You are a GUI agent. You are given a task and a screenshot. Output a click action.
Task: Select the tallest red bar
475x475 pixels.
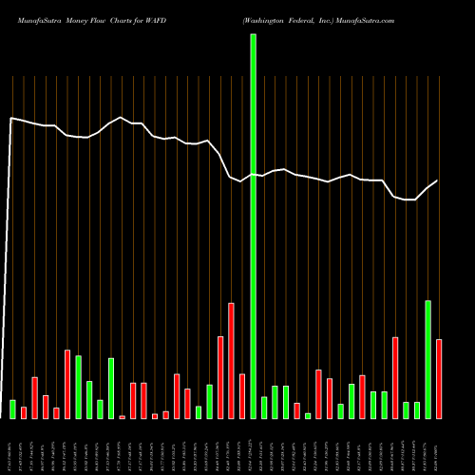pyautogui.click(x=231, y=361)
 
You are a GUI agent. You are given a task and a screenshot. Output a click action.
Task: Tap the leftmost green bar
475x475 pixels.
pyautogui.click(x=12, y=409)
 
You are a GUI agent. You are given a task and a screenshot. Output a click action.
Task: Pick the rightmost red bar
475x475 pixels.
pyautogui.click(x=439, y=379)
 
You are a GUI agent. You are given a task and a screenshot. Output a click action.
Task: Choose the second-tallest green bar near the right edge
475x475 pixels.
pyautogui.click(x=427, y=359)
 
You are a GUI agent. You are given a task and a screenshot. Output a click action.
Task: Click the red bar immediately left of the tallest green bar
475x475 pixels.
pyautogui.click(x=242, y=396)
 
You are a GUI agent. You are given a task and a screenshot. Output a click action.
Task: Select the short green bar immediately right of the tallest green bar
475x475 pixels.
pyautogui.click(x=264, y=408)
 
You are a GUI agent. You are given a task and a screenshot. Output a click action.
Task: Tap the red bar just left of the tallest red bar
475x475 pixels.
pyautogui.click(x=220, y=377)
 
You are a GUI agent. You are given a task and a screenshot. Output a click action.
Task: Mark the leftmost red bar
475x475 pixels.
pyautogui.click(x=24, y=412)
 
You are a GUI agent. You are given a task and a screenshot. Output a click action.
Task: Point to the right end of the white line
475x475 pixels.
pyautogui.click(x=438, y=180)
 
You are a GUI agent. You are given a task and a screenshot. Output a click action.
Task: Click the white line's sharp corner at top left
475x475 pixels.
pyautogui.click(x=10, y=118)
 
